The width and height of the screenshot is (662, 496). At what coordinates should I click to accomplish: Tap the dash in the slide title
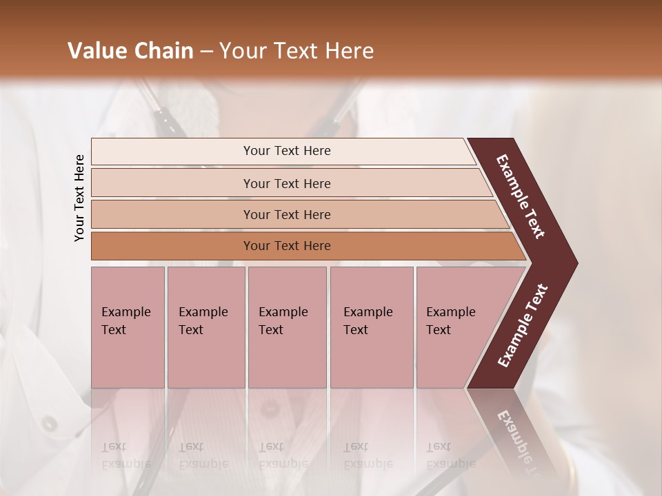pos(206,52)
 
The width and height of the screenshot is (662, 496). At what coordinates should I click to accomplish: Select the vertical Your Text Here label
pos(79,198)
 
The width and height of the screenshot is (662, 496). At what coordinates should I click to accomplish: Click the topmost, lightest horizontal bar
pos(172,152)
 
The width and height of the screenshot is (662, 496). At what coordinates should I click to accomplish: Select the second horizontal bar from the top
pos(172,183)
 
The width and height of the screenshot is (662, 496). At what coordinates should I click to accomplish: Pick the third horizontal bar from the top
pos(172,215)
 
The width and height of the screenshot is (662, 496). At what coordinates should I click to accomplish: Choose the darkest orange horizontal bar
pos(172,246)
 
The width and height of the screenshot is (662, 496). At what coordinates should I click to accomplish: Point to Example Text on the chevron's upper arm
pos(521,196)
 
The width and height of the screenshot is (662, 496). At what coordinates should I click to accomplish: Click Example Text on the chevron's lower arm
pos(523,326)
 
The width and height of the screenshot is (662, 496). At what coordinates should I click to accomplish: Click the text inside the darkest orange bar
pos(287,246)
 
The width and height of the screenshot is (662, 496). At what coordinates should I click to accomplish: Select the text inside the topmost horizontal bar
pos(287,151)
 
